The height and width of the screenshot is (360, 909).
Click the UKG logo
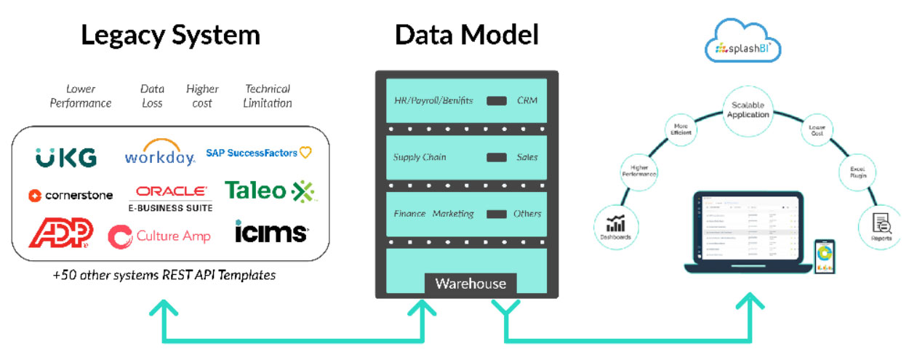[x=65, y=156]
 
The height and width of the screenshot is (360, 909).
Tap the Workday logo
[x=159, y=153]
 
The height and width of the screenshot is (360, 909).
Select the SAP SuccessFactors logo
[x=258, y=153]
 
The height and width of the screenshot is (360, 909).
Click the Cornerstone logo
[x=71, y=195]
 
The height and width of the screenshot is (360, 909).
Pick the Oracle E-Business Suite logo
[x=172, y=196]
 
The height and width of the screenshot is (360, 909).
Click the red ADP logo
[x=60, y=233]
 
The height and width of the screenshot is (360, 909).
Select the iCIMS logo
[x=271, y=233]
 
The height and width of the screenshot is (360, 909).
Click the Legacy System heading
[x=170, y=35]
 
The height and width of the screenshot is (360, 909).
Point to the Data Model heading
[x=466, y=35]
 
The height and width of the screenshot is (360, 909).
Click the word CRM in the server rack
[x=526, y=100]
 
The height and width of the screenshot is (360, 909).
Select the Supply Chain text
[x=420, y=157]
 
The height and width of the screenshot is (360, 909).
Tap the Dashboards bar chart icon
[x=616, y=221]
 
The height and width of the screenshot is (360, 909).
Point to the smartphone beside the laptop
[x=825, y=257]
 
